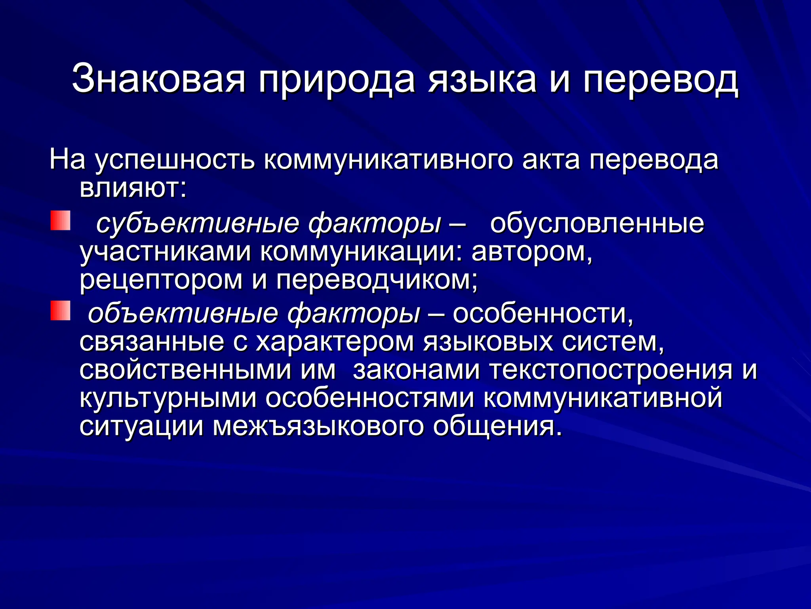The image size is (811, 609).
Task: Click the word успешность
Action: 175,161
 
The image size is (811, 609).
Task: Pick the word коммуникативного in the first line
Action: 388,161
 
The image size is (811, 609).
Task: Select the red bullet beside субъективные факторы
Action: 60,221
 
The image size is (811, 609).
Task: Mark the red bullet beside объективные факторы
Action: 60,310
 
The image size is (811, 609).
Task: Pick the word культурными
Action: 168,398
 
